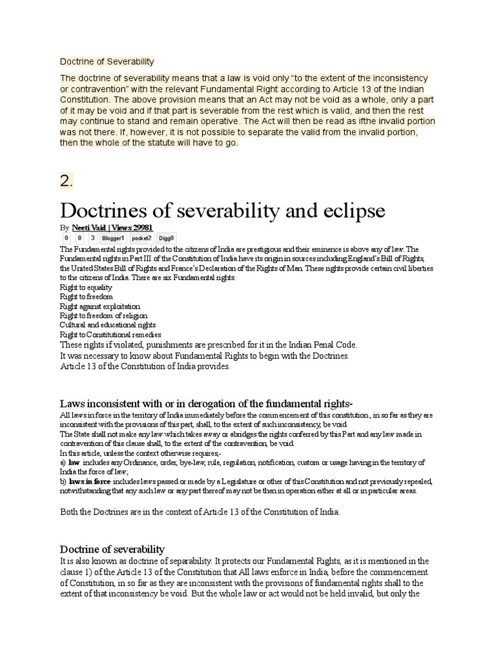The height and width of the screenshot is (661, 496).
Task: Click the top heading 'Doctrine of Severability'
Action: (x=107, y=62)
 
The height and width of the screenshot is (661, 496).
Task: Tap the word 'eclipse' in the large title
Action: (x=350, y=210)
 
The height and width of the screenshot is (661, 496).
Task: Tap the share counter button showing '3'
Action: (x=93, y=238)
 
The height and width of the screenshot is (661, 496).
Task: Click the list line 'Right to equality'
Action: (x=86, y=287)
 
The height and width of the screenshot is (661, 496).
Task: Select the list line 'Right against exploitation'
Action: (x=99, y=306)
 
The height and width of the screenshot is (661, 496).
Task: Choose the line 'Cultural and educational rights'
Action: (x=107, y=325)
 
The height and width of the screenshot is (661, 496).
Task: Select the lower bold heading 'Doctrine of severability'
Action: (x=112, y=549)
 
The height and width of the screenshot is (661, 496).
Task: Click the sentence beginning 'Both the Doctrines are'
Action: (x=200, y=512)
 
